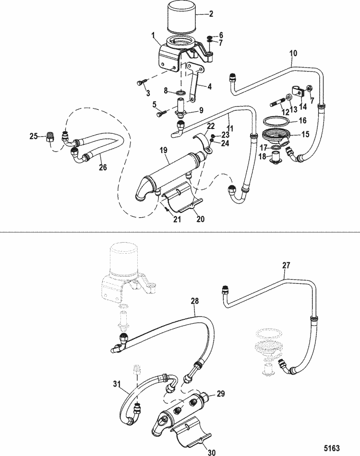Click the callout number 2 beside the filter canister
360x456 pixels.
pyautogui.click(x=211, y=13)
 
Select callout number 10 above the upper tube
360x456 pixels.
pyautogui.click(x=294, y=54)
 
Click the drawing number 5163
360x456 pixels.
pyautogui.click(x=332, y=447)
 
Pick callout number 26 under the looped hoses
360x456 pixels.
pyautogui.click(x=103, y=167)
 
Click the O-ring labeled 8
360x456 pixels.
pyautogui.click(x=180, y=93)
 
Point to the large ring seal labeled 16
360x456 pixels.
pyautogui.click(x=275, y=121)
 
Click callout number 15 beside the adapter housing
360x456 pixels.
pyautogui.click(x=305, y=135)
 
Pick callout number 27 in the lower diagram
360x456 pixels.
pyautogui.click(x=287, y=266)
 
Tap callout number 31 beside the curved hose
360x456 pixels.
pyautogui.click(x=117, y=384)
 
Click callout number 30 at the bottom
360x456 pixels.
pyautogui.click(x=212, y=452)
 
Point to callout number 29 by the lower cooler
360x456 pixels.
pyautogui.click(x=221, y=394)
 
